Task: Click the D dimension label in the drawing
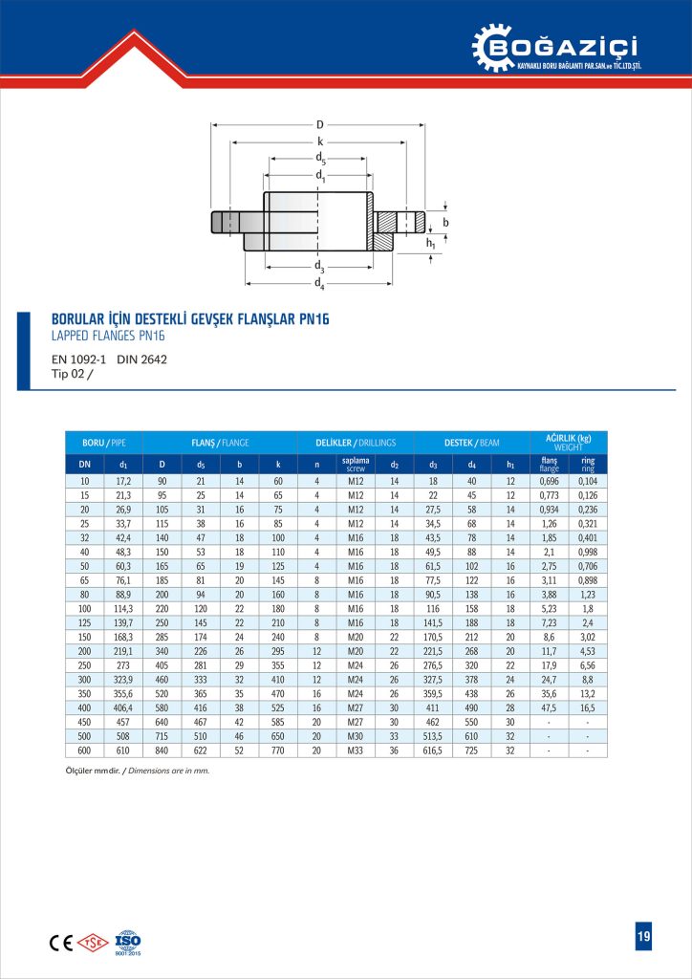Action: [x=319, y=124]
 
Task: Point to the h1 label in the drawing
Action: [x=430, y=245]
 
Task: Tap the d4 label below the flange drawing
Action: [x=320, y=285]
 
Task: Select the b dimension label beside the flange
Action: [x=444, y=222]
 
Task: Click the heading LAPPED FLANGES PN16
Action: [x=108, y=336]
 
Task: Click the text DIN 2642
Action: [x=141, y=360]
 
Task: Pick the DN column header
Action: [x=84, y=466]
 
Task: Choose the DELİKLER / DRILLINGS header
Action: [x=356, y=443]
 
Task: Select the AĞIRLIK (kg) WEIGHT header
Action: [x=568, y=442]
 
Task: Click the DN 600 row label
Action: [x=84, y=751]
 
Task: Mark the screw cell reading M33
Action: [x=355, y=751]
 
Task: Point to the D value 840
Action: [x=162, y=751]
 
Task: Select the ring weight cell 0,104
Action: [x=588, y=480]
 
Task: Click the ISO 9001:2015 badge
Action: [x=128, y=942]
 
